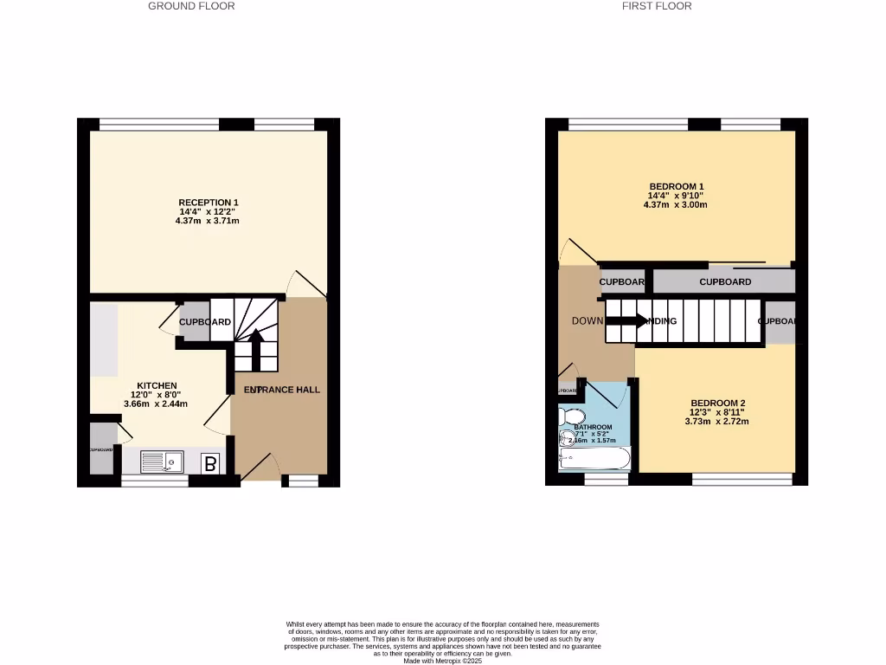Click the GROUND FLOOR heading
pyautogui.click(x=191, y=6)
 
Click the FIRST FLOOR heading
pyautogui.click(x=657, y=6)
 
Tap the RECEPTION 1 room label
pyautogui.click(x=208, y=203)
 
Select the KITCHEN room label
pyautogui.click(x=157, y=385)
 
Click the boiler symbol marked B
pyautogui.click(x=209, y=464)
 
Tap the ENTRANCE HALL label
pyautogui.click(x=282, y=390)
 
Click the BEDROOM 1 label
pyautogui.click(x=677, y=186)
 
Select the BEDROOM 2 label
pyautogui.click(x=717, y=403)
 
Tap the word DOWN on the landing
pyautogui.click(x=587, y=321)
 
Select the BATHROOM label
pyautogui.click(x=593, y=427)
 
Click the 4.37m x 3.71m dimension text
pyautogui.click(x=208, y=221)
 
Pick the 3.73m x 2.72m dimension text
pyautogui.click(x=717, y=422)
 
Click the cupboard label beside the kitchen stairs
pyautogui.click(x=204, y=322)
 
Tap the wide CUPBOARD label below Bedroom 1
pyautogui.click(x=725, y=282)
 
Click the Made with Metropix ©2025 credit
pyautogui.click(x=442, y=661)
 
